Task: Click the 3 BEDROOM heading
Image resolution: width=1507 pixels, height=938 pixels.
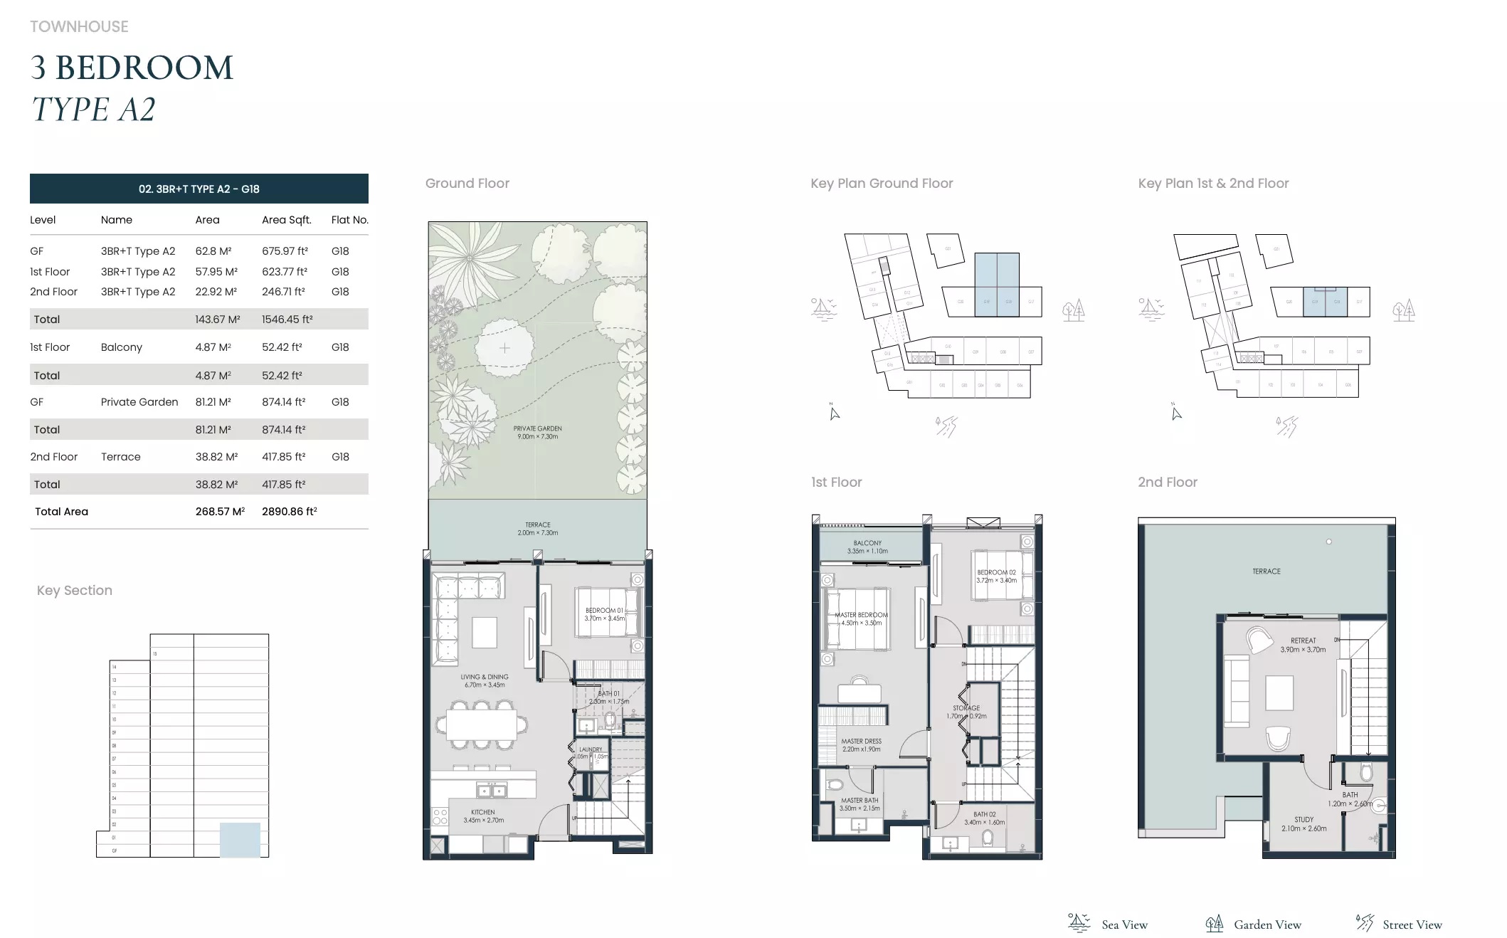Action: (x=132, y=68)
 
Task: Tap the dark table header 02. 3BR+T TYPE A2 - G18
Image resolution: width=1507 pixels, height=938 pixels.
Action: (x=199, y=189)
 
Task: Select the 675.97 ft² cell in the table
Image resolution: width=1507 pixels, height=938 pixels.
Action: (x=285, y=251)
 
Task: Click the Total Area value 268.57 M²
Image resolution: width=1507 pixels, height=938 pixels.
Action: (x=220, y=512)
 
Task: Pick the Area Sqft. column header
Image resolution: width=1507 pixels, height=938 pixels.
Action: (x=286, y=220)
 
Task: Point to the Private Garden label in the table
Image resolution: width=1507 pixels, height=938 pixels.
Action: (x=139, y=402)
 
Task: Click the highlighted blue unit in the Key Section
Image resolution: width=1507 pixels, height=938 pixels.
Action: (x=240, y=839)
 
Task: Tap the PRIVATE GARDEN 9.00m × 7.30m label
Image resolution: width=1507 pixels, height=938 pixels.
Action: (x=537, y=432)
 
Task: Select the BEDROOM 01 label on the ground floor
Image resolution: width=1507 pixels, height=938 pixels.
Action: (x=604, y=614)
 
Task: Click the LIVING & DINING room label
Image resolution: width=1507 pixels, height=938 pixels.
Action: (x=484, y=680)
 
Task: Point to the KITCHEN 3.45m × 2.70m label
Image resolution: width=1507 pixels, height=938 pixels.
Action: (x=483, y=816)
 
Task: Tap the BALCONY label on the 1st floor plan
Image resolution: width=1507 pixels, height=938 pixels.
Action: (x=867, y=547)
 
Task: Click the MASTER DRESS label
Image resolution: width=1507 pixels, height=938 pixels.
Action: (x=861, y=744)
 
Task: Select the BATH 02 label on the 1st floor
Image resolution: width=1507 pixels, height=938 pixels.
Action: (x=984, y=818)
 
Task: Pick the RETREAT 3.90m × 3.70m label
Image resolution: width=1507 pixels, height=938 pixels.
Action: (x=1303, y=645)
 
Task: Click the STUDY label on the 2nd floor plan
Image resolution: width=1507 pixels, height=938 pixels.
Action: (x=1304, y=823)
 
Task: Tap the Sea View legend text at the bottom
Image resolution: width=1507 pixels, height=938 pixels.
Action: (x=1124, y=924)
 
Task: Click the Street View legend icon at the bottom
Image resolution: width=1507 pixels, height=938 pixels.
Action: (x=1364, y=923)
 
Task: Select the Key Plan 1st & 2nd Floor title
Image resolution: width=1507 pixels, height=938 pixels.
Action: (x=1213, y=184)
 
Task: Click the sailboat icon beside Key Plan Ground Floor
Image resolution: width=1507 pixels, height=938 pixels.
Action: (x=823, y=309)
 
